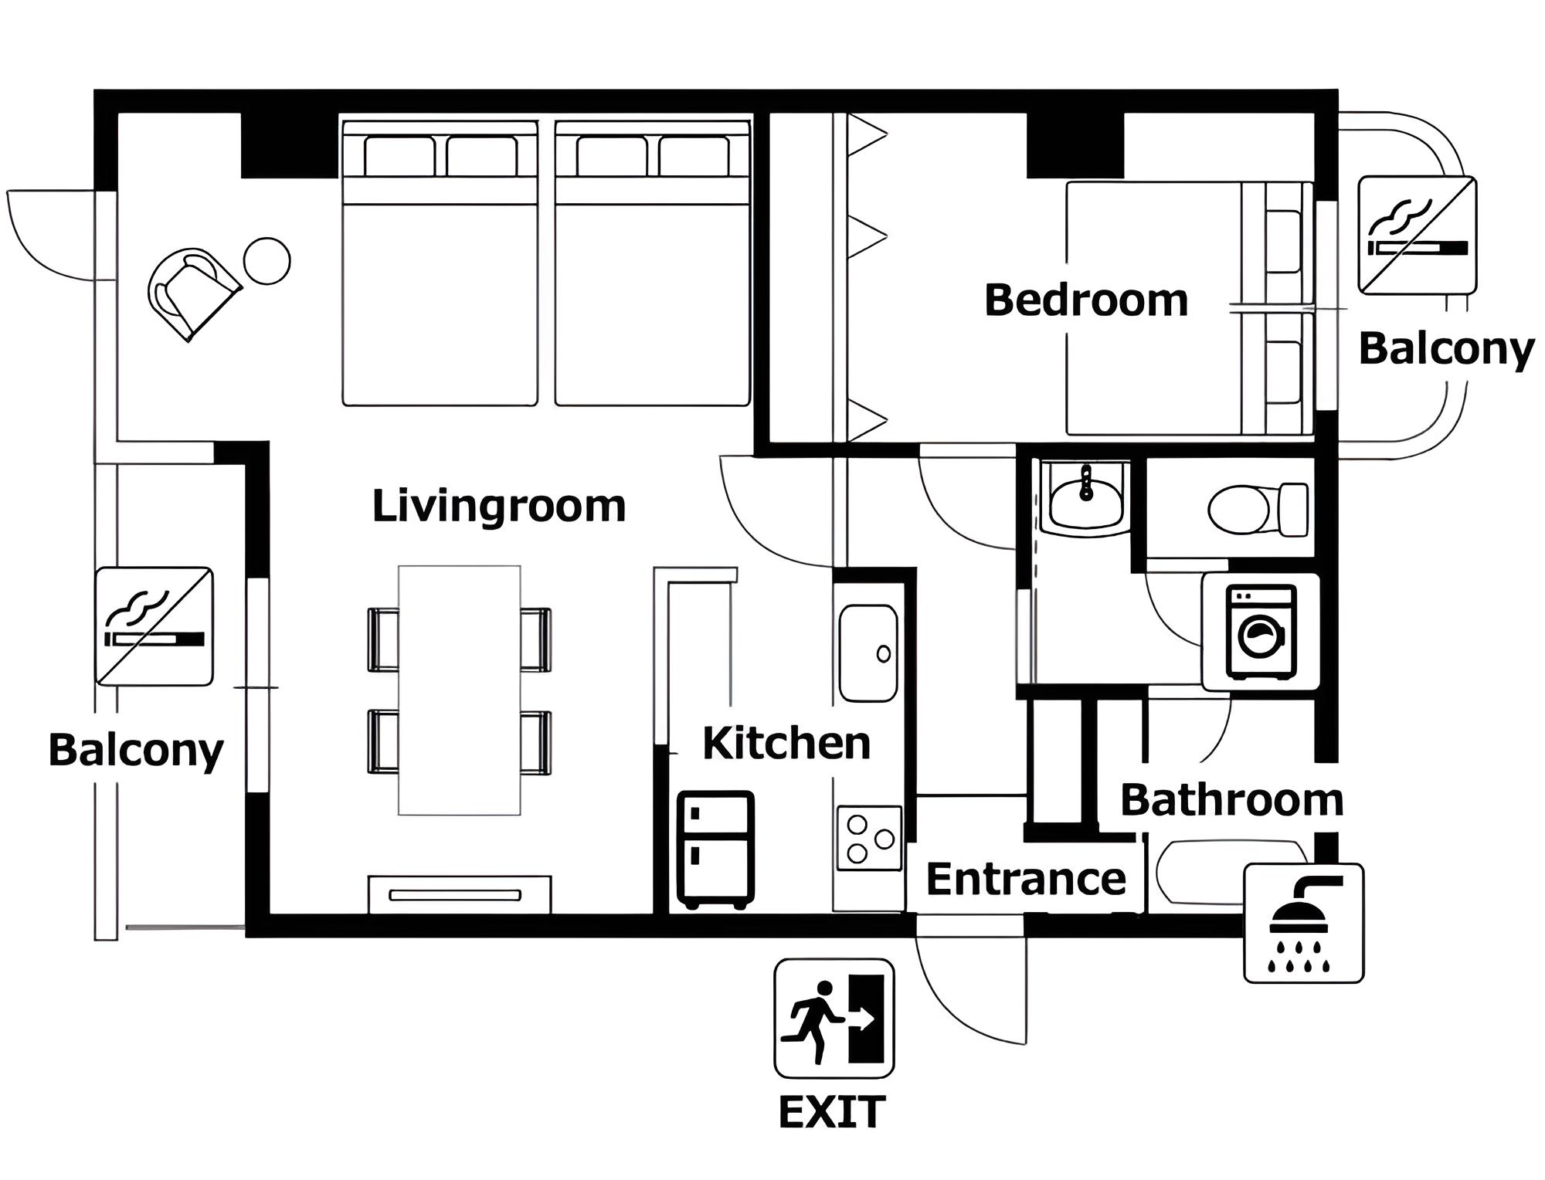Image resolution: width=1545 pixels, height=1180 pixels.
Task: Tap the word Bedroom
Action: click(1086, 300)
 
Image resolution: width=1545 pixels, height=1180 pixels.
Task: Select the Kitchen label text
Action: click(786, 743)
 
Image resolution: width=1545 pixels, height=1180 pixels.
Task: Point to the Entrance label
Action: click(1026, 879)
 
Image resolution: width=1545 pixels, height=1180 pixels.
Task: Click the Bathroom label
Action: click(1232, 800)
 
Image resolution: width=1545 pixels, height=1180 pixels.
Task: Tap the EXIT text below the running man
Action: click(832, 1113)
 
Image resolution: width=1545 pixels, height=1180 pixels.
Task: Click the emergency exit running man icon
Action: click(834, 1019)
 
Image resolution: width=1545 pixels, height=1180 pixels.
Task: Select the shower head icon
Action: click(1303, 923)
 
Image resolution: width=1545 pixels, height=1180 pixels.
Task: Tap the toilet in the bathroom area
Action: click(1258, 510)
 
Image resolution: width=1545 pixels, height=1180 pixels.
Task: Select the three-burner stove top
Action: click(869, 839)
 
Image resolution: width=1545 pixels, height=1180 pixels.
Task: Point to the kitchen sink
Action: click(868, 653)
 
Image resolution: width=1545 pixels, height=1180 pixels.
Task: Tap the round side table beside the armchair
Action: click(267, 261)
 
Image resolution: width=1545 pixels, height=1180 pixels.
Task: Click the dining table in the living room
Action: click(460, 690)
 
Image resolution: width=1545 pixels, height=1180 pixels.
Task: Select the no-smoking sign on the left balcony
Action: click(154, 626)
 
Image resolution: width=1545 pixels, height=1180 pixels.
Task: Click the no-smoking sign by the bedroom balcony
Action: click(1418, 236)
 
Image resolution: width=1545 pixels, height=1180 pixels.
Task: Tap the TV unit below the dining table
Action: click(460, 895)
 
